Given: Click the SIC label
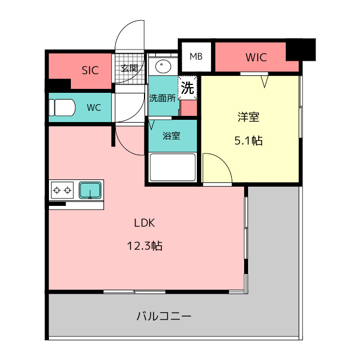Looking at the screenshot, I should click(x=90, y=70).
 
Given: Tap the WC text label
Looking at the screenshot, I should click(x=94, y=107).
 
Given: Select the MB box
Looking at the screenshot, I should click(x=196, y=56).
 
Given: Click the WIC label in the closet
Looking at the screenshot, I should click(x=256, y=57).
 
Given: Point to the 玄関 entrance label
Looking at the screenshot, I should click(x=129, y=68).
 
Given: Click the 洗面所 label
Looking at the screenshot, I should click(x=162, y=97).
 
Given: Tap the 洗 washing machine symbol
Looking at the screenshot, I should click(x=188, y=88).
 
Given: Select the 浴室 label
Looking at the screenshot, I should click(x=172, y=136).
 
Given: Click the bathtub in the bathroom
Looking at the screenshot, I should click(x=172, y=166).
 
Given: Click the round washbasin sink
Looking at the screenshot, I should click(x=163, y=67).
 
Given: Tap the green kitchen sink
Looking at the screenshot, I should click(x=90, y=190).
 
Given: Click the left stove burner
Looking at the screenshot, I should click(x=56, y=190).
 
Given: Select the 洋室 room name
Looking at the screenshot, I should click(x=248, y=118).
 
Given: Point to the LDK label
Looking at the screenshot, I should click(x=145, y=222).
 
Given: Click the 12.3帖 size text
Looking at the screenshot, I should click(x=145, y=245).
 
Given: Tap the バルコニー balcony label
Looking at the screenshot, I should click(x=164, y=316).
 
